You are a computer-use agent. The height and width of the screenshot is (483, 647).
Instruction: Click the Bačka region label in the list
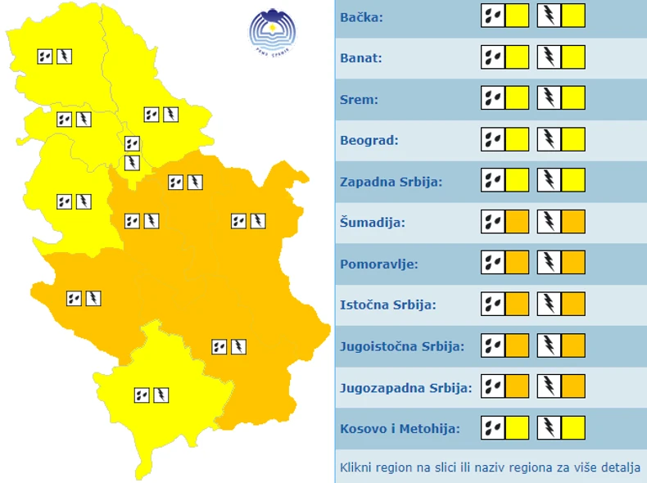[x=361, y=17]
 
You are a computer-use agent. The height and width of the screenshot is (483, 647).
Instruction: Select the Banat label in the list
[x=361, y=58]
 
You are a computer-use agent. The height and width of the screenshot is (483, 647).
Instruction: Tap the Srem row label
[x=359, y=99]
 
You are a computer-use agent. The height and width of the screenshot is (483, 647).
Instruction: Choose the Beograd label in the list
[x=369, y=140]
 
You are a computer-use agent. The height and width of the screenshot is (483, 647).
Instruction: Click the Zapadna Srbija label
[x=391, y=181]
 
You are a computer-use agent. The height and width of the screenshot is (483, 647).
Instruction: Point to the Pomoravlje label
[x=379, y=264]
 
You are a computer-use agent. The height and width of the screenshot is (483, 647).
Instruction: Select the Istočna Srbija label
[x=387, y=305]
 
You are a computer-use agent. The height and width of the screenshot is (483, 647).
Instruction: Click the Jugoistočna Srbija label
[x=402, y=345]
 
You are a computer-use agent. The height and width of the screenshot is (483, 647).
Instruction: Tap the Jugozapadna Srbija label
[x=405, y=386]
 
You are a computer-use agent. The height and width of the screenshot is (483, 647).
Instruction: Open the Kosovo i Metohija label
[x=400, y=427]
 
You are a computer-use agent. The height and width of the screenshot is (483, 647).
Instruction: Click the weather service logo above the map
[x=273, y=32]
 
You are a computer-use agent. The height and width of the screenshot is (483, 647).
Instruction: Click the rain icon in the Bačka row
[x=493, y=16]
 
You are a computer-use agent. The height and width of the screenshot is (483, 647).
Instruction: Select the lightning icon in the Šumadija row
[x=549, y=222]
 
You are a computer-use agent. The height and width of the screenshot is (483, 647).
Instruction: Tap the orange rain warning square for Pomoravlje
[x=517, y=263]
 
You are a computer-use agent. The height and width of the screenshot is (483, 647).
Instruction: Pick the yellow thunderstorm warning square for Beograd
[x=573, y=140]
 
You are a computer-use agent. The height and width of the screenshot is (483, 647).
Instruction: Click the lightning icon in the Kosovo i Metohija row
[x=549, y=427]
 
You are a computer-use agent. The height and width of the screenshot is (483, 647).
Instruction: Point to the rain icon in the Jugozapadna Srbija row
[x=493, y=386]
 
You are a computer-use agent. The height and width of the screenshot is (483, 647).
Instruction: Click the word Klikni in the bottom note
[x=356, y=468]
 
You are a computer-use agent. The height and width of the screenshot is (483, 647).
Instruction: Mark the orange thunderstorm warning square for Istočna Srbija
[x=573, y=305]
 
